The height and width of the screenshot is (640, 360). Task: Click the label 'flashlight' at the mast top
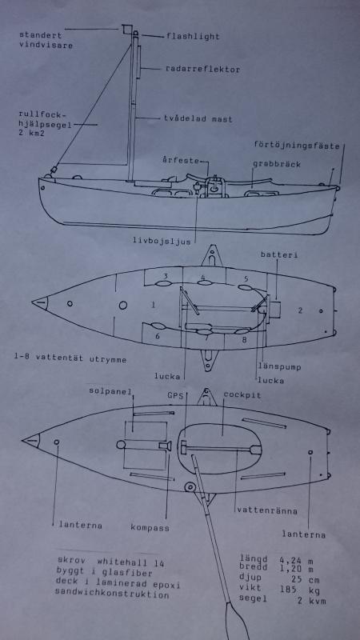[193, 36]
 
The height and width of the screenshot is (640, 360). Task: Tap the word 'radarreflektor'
[202, 70]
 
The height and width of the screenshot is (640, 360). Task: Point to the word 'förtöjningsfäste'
[297, 145]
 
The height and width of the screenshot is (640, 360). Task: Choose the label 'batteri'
[279, 255]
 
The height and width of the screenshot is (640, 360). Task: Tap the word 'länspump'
[279, 367]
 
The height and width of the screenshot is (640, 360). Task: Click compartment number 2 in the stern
[300, 310]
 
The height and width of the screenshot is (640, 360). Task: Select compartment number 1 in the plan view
[154, 305]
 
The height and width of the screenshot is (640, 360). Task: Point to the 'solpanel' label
[111, 391]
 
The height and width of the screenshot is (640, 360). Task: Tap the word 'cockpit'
[242, 394]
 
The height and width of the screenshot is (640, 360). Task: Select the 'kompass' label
[150, 527]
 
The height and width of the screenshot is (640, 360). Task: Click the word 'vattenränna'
[267, 510]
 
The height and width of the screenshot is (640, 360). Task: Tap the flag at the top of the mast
[126, 30]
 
